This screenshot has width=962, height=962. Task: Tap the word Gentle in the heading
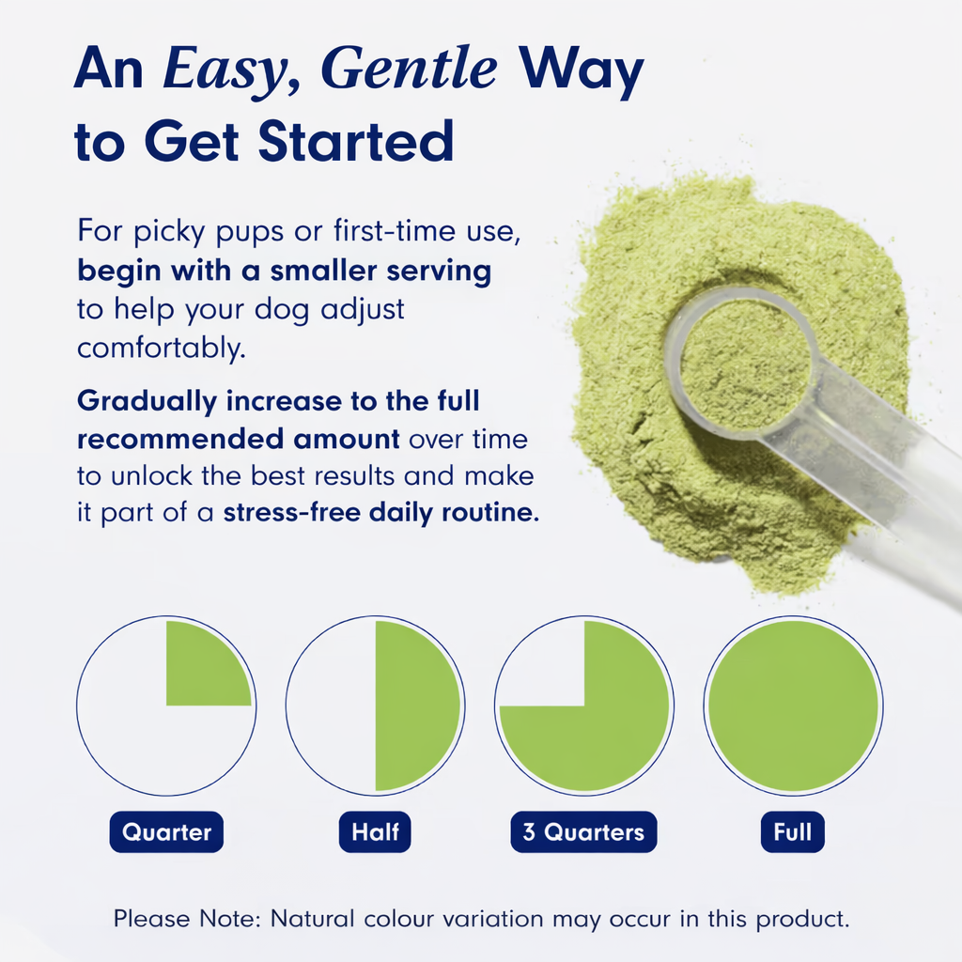pyautogui.click(x=409, y=69)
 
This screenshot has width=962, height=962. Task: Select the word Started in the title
pyautogui.click(x=356, y=141)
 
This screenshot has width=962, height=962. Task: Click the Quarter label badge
pyautogui.click(x=166, y=832)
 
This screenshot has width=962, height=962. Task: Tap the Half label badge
pyautogui.click(x=375, y=832)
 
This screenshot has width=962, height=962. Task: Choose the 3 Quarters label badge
pyautogui.click(x=583, y=832)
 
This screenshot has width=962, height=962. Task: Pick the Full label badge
pyautogui.click(x=793, y=832)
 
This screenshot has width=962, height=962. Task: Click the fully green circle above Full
pyautogui.click(x=793, y=706)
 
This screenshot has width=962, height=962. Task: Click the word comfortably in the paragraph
pyautogui.click(x=162, y=349)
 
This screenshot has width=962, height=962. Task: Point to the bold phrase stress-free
pyautogui.click(x=292, y=512)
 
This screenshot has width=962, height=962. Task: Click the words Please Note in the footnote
pyautogui.click(x=188, y=919)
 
